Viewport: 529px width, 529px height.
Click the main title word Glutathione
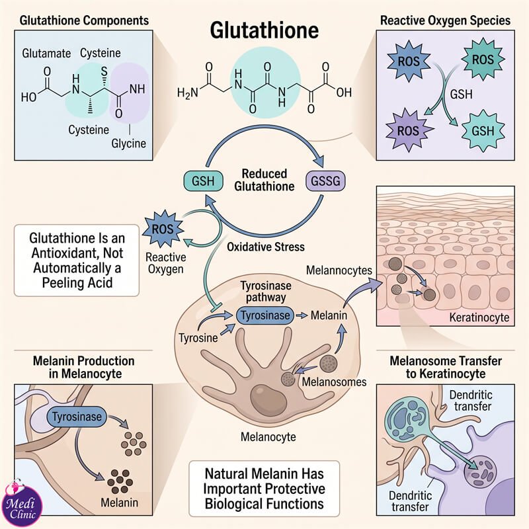click(264, 30)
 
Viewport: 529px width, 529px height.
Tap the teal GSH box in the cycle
click(203, 181)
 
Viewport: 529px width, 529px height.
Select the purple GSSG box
click(325, 181)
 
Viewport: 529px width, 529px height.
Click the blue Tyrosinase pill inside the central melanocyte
click(265, 315)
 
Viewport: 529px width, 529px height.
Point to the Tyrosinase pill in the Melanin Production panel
click(77, 417)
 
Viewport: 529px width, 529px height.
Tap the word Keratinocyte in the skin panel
click(479, 317)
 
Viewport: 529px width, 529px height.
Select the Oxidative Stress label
click(266, 247)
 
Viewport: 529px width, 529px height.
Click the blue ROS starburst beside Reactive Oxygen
click(163, 229)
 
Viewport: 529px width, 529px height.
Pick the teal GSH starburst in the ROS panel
click(483, 131)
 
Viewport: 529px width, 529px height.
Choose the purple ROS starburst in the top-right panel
click(408, 131)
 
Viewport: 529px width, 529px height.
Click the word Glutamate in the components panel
click(46, 54)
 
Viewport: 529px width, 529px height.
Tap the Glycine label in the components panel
click(128, 143)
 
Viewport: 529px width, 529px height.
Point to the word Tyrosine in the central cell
click(198, 338)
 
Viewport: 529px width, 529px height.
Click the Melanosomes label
click(334, 382)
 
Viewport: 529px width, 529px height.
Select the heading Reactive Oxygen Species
click(445, 20)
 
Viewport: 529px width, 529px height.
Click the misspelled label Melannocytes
click(339, 270)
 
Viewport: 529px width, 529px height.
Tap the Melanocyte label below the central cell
click(268, 437)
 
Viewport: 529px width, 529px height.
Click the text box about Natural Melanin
click(264, 489)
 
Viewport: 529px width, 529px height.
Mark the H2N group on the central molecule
click(188, 93)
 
